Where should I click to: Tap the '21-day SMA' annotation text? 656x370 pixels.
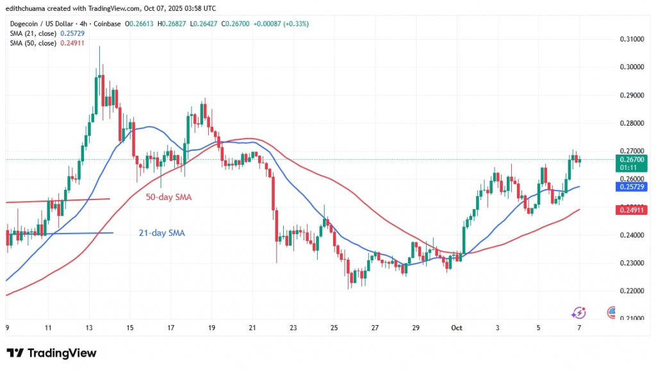(161, 233)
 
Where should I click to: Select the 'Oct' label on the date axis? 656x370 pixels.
(455, 327)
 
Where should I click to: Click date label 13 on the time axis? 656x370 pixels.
(89, 327)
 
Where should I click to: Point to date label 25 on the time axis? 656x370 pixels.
(334, 327)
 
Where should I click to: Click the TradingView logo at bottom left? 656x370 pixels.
(51, 353)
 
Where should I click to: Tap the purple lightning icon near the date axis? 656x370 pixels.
(578, 312)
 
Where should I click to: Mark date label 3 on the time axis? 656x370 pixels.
(497, 327)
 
